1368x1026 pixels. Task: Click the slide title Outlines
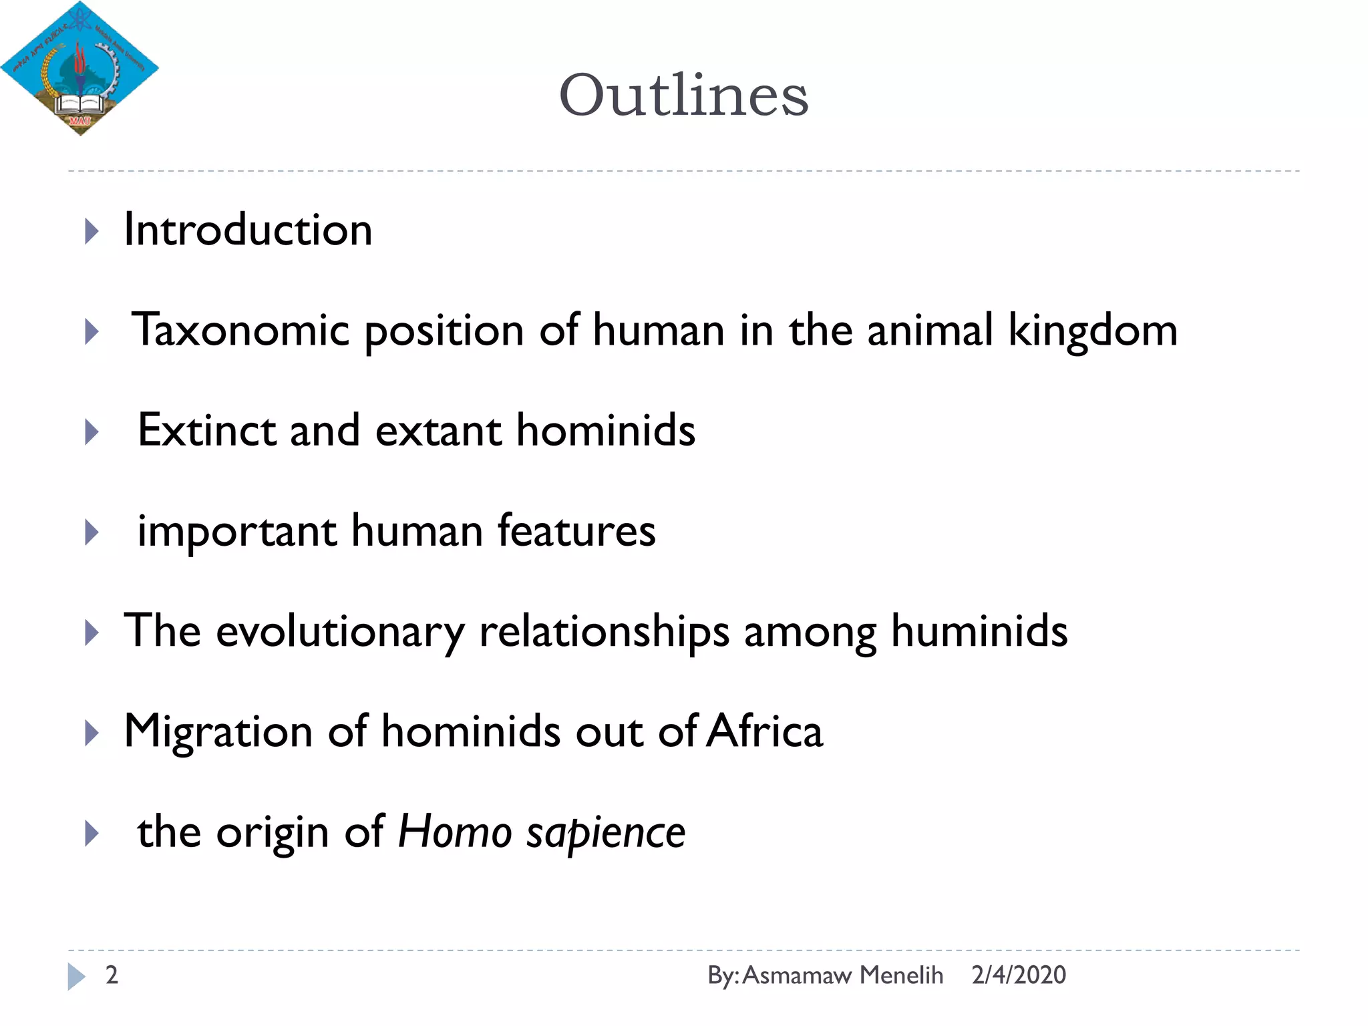coord(683,95)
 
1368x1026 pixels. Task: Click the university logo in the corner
coord(79,68)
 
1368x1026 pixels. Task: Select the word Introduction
coord(248,230)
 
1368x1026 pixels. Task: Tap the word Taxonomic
coord(240,330)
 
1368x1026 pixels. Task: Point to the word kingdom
coord(1093,330)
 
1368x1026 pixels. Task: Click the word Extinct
coord(206,430)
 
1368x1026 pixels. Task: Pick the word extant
coord(438,430)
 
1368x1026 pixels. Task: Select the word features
coord(576,530)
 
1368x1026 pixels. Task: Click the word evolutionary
coord(340,631)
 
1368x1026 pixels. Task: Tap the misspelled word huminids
coord(979,631)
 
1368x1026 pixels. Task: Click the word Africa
coord(765,731)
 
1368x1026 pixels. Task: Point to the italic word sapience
coord(606,833)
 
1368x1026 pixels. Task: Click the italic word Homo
coord(455,832)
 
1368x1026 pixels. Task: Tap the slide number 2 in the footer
coord(112,975)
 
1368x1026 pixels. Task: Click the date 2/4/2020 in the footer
coord(1019,975)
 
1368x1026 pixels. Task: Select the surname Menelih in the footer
coord(901,975)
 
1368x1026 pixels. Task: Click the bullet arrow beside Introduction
coord(92,232)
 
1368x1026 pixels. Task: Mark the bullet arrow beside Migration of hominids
coord(92,733)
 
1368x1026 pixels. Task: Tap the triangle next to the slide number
coord(75,977)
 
